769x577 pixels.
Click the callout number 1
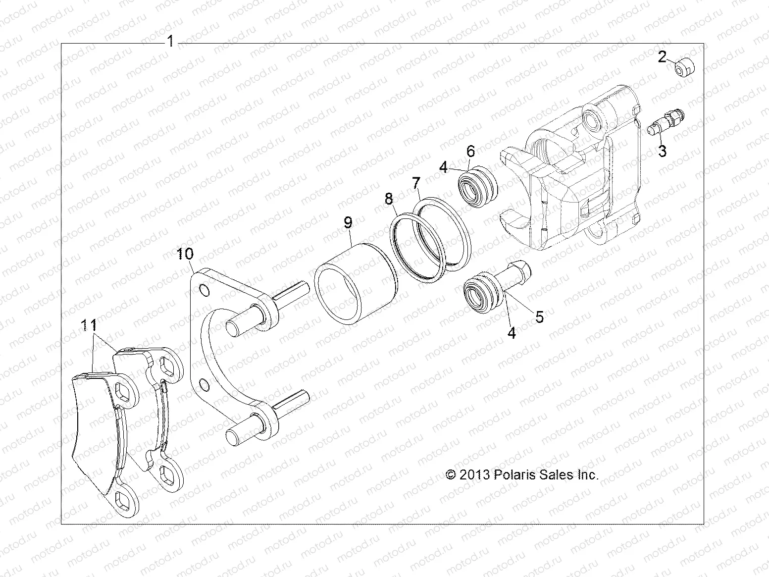pyautogui.click(x=170, y=41)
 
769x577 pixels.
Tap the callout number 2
pyautogui.click(x=663, y=57)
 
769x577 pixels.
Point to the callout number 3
pyautogui.click(x=662, y=150)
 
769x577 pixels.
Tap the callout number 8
pyautogui.click(x=389, y=199)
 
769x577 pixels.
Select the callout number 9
pyautogui.click(x=348, y=223)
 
